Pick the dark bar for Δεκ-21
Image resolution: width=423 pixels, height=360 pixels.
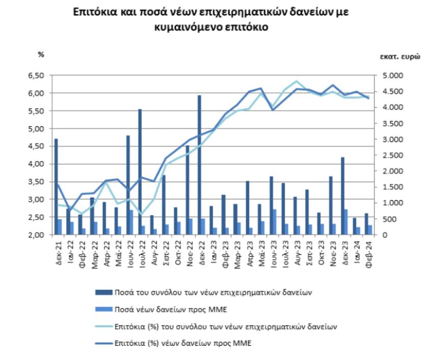coord(56,186)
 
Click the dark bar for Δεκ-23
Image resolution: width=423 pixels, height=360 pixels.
coord(343,196)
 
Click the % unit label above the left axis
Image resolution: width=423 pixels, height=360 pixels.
coord(41,54)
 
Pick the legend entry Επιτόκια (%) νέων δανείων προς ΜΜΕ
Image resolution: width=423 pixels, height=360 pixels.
coord(183,343)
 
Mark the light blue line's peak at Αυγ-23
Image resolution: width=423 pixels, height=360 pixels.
coord(297,81)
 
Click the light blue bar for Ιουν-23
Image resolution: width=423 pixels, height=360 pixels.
coord(275,222)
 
